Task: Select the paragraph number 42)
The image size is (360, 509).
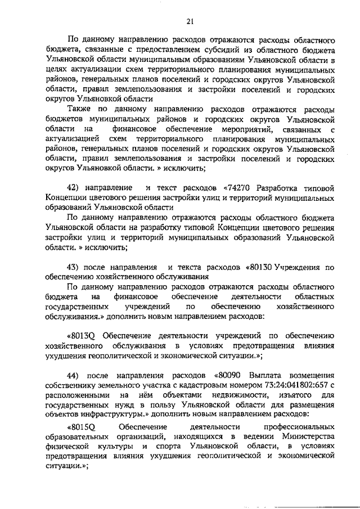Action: [x=75, y=187]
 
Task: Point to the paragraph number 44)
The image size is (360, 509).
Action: [x=75, y=375]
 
